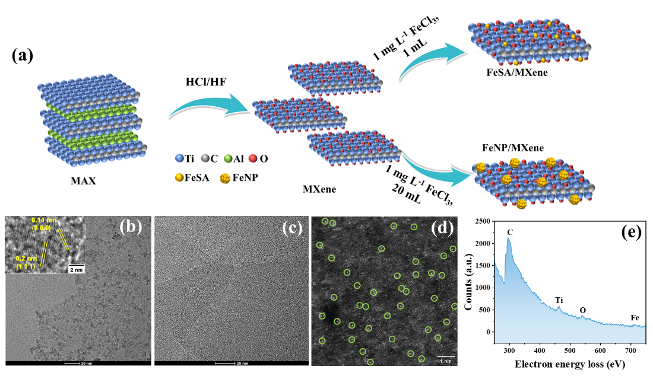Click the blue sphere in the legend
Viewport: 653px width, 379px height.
[179, 158]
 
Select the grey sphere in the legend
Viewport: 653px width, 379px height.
[205, 158]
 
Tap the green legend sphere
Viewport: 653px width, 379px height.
[228, 158]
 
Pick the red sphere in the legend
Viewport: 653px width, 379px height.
[252, 158]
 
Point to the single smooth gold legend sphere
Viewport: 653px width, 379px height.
[179, 177]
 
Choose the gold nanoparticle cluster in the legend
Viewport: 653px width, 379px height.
[225, 178]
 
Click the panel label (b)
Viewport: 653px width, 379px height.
[130, 227]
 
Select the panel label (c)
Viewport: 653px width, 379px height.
[291, 227]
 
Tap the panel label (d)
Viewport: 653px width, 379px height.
[442, 227]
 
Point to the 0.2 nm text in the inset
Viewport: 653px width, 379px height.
[26, 259]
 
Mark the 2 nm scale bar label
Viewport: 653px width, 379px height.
[76, 269]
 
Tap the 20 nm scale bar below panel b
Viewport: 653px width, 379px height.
[78, 363]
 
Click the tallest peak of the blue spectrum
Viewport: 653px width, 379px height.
[508, 238]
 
